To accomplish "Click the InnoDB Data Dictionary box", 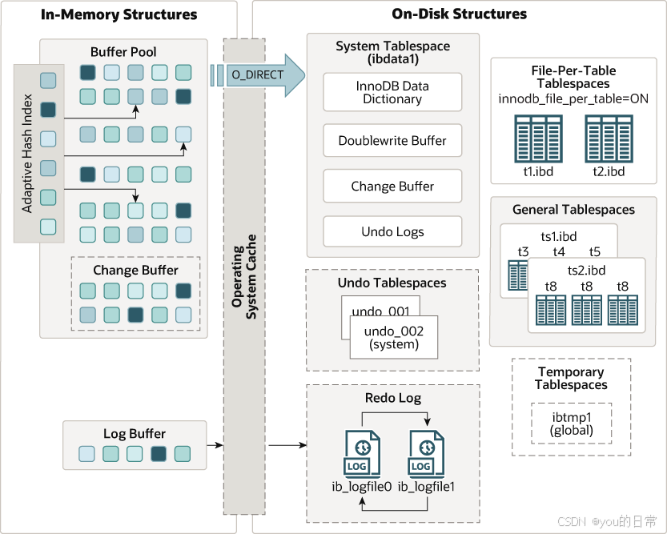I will click(392, 92).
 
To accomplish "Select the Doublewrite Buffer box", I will click(392, 141).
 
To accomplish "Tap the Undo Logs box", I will click(392, 232).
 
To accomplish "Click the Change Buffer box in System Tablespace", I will click(392, 187).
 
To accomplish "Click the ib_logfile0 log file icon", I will click(361, 455).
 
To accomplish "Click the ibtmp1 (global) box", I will click(572, 424).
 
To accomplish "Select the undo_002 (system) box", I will click(393, 337).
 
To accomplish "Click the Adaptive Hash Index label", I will click(27, 155).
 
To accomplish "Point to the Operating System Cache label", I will click(243, 276).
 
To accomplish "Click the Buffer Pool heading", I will click(123, 52).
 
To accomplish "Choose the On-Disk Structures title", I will click(460, 14).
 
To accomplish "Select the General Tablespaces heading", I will click(573, 210).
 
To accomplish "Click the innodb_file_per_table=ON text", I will click(573, 99).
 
